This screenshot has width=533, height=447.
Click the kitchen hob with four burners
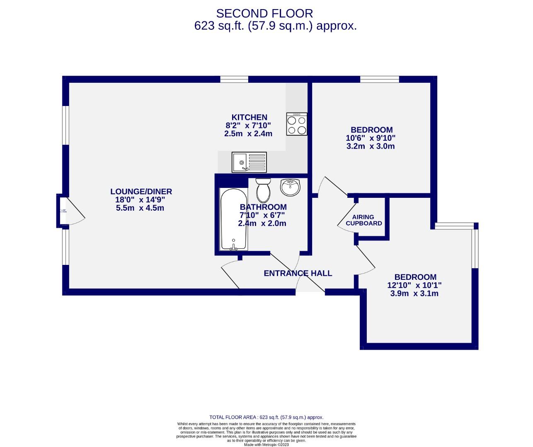click(297, 124)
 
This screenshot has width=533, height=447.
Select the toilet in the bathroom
click(263, 190)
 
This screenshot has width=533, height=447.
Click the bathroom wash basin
click(290, 187)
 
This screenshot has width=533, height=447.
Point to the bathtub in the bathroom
click(233, 219)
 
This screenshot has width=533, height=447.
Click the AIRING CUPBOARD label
click(363, 220)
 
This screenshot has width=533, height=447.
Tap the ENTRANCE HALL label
click(298, 273)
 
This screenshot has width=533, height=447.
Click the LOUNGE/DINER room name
click(141, 191)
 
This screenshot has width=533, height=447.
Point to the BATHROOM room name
click(263, 207)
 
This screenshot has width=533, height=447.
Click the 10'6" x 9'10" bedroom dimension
click(371, 138)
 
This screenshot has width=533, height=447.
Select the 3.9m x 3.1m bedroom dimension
click(414, 294)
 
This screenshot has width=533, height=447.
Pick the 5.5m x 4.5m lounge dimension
click(140, 208)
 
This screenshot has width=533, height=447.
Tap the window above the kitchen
click(234, 79)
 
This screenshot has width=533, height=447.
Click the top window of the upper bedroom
click(379, 79)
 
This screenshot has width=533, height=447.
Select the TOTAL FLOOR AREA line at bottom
click(266, 418)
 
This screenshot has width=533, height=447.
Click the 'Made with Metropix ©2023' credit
click(266, 445)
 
